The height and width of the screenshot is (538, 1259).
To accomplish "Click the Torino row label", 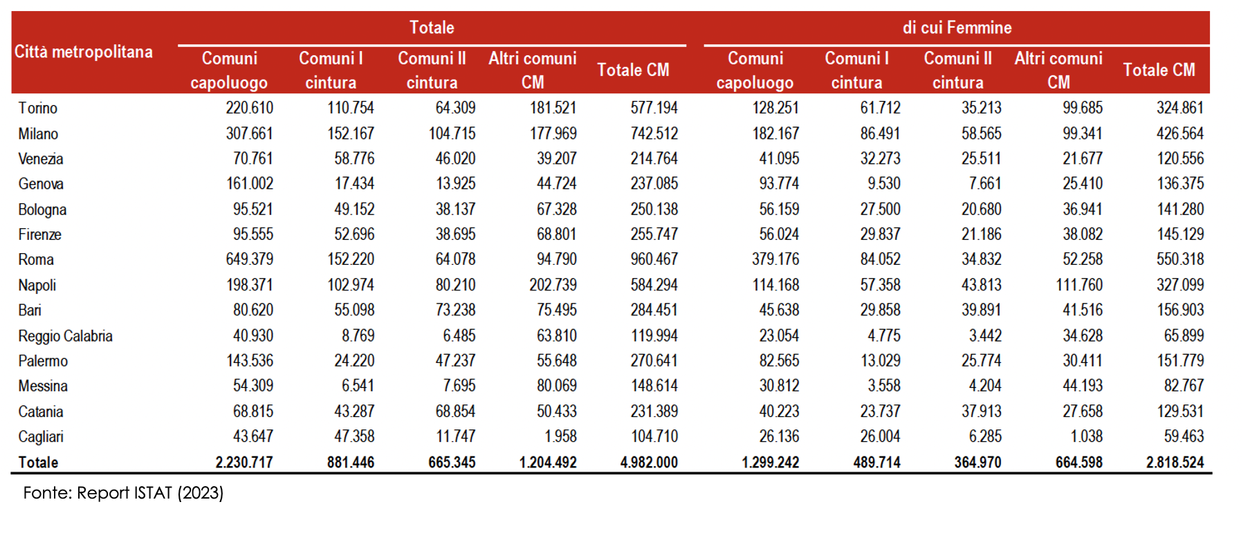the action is click(38, 108).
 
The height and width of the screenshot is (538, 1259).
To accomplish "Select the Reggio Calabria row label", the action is click(65, 336).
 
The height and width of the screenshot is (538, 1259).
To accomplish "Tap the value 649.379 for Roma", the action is click(250, 259).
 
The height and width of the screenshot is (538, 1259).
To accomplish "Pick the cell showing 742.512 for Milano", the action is click(654, 133).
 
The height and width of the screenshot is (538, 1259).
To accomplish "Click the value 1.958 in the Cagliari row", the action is click(560, 436).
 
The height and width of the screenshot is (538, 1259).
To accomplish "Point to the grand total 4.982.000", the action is click(649, 462).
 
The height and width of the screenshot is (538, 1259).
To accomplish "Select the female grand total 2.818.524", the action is click(1175, 462).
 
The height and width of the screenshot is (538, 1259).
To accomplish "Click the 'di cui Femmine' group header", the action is click(957, 28).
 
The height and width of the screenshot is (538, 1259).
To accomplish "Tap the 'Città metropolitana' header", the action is click(84, 52).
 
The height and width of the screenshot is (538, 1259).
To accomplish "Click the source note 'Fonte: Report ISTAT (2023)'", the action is click(123, 493).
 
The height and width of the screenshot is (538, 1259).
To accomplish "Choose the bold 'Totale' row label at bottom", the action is click(38, 462).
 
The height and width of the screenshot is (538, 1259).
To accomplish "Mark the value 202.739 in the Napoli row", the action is click(553, 285).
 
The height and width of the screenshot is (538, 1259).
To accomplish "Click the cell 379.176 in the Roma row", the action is click(775, 259).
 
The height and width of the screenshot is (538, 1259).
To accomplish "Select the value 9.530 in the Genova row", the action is click(884, 184).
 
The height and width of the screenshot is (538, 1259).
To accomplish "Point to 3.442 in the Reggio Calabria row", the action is click(985, 336).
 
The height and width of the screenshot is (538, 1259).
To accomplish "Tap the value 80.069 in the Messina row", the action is click(557, 386).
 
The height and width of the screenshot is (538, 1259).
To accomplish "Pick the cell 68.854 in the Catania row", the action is click(455, 411).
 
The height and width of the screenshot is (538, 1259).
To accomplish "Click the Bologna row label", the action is click(42, 210).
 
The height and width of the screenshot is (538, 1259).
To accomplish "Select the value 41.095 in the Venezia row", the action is click(779, 158).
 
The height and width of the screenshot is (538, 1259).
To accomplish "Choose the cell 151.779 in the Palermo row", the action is click(1180, 361).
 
